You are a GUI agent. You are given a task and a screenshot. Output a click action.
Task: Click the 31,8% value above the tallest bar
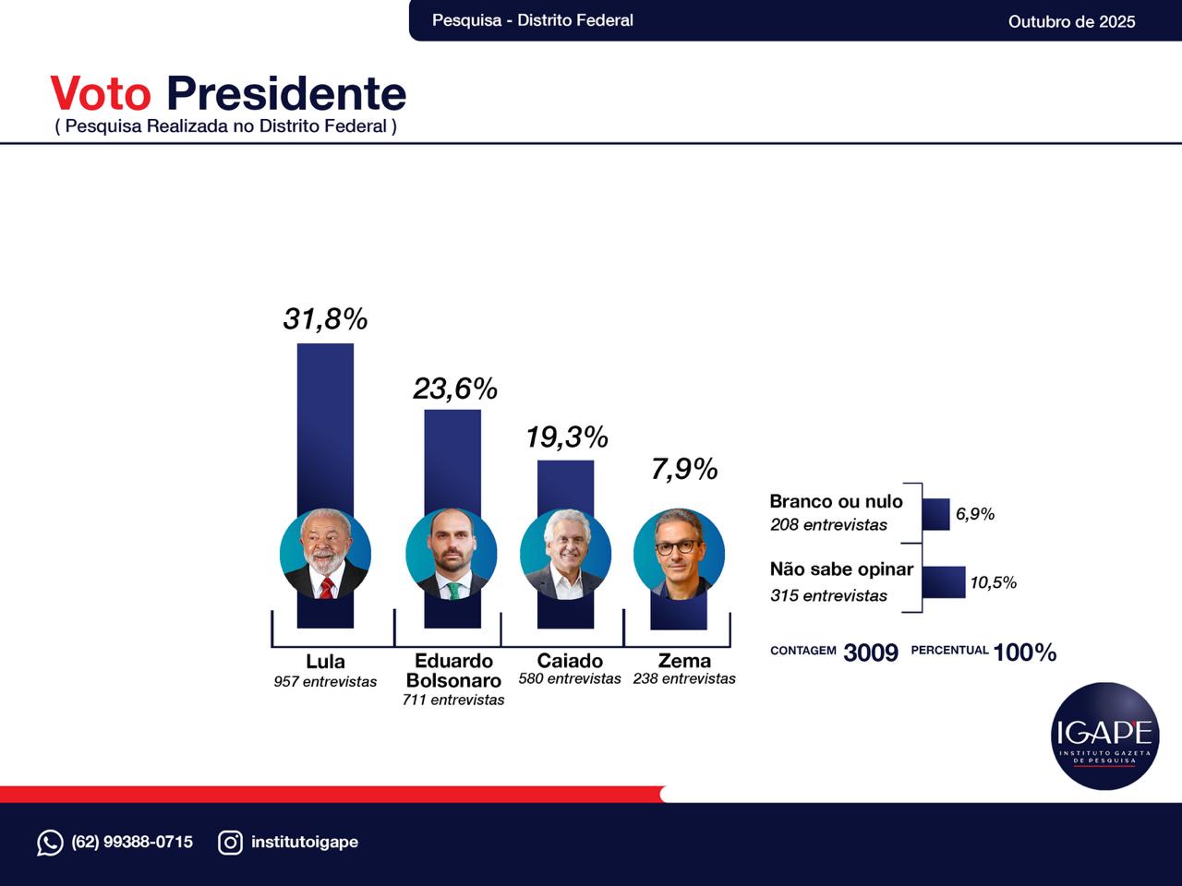coord(325,319)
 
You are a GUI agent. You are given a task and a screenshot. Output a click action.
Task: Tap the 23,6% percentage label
coord(454,389)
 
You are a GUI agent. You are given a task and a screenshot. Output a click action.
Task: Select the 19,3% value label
coord(566,437)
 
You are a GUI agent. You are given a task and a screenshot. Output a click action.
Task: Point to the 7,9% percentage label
coord(683,470)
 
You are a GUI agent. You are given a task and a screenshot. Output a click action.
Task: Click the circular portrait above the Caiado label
coord(565,555)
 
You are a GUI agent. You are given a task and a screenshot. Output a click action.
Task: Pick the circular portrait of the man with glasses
coord(679,555)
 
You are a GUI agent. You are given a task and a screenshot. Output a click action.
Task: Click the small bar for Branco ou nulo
coord(935,514)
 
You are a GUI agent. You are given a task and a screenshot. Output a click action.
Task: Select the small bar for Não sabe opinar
coord(943,582)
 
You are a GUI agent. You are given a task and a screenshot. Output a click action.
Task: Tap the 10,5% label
coord(993,582)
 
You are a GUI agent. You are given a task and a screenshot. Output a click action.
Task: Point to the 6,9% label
coord(975,514)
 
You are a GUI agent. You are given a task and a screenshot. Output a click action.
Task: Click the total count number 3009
coord(870,653)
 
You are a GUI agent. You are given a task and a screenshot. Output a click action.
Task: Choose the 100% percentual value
coord(1024,653)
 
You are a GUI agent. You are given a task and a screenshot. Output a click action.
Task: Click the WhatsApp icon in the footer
coord(50,843)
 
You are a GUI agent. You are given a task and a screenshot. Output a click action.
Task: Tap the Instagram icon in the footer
coord(230,843)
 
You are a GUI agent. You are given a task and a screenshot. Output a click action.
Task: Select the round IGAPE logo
coord(1104,736)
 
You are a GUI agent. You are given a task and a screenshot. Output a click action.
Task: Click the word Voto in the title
coord(100,94)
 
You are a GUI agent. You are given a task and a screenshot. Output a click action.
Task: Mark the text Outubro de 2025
coord(1071,21)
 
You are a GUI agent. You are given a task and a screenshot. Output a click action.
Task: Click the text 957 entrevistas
coord(325,682)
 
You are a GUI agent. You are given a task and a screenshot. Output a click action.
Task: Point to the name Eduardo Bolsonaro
coord(453,671)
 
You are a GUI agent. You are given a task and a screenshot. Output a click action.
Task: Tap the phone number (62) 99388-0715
coord(132,842)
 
